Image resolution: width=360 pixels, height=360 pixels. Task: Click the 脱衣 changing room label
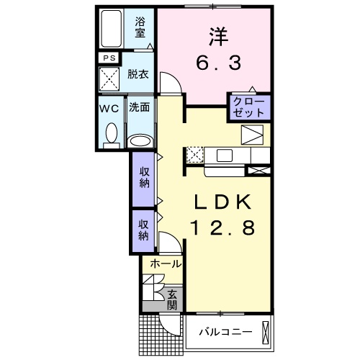pos(138,74)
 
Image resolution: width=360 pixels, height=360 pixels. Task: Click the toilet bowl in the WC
pos(111,132)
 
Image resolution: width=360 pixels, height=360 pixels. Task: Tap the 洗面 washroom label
pos(140,108)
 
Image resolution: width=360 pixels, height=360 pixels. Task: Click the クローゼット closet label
pos(249,107)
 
